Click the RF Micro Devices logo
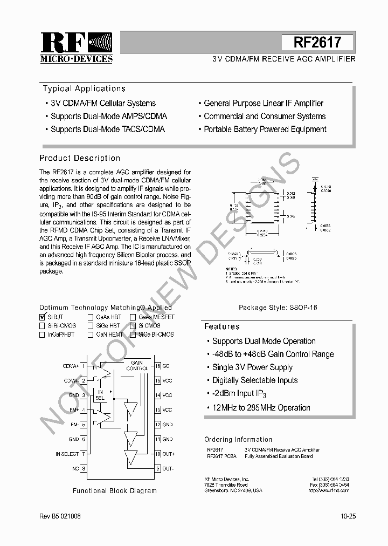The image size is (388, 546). coord(77,48)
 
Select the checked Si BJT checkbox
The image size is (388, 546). coord(43,317)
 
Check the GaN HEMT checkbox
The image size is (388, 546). coord(91,335)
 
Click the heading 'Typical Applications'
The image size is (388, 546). coord(84,88)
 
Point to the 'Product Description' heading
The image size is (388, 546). coord(80,158)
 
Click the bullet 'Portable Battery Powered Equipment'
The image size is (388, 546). coord(265,129)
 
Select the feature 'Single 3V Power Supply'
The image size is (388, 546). coord(252,367)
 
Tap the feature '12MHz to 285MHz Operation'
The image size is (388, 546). coord(261,408)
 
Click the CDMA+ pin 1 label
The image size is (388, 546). coord(71,366)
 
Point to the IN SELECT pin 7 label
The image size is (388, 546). coord(67,454)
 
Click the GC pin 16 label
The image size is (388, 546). coord(166,366)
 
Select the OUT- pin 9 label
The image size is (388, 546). coord(168,468)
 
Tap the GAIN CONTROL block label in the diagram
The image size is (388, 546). coord(137,365)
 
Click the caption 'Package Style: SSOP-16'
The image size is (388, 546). coord(278,307)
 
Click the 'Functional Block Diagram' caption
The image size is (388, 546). coord(115,490)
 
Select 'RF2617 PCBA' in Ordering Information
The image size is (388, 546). coord(221,456)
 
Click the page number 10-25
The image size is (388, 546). coord(348,516)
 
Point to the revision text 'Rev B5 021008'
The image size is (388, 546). coord(60,516)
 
